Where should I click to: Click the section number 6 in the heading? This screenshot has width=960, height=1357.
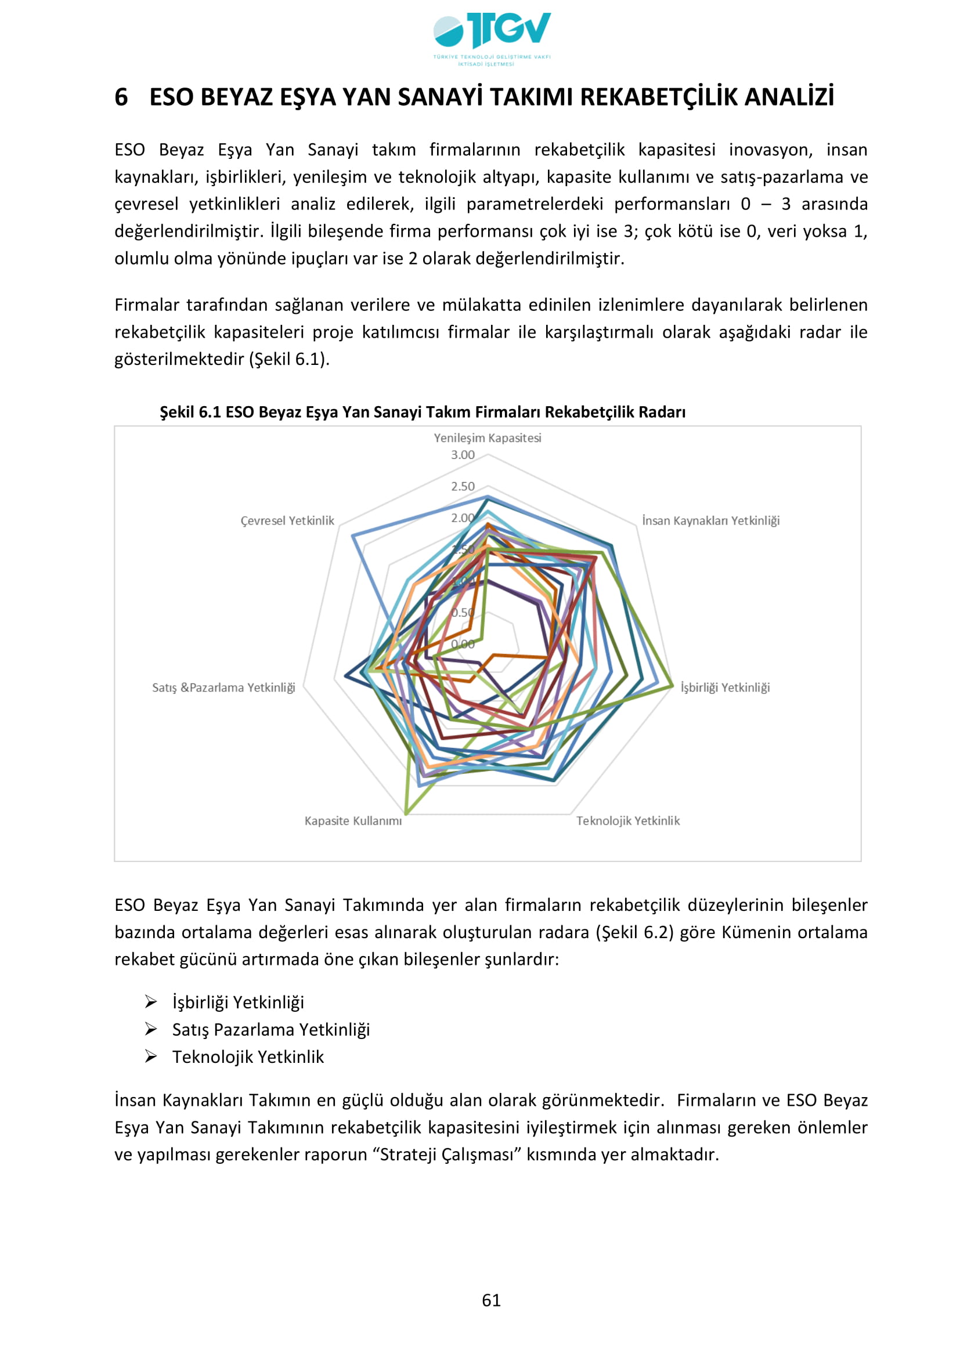coord(121,97)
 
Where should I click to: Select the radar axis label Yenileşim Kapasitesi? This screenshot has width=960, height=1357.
coord(487,438)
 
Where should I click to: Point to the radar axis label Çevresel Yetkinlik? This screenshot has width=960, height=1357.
coord(287,520)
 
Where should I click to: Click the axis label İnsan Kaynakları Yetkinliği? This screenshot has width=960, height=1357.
coord(710,520)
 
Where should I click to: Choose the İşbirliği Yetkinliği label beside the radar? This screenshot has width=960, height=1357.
coord(725,687)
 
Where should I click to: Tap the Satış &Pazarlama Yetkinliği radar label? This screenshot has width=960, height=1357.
coord(223,687)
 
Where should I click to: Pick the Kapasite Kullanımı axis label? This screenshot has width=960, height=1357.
coord(353,821)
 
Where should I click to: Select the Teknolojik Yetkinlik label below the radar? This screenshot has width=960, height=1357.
coord(628,821)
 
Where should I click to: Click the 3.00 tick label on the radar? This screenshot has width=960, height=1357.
coord(462,455)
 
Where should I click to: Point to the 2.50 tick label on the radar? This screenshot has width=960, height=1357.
coord(462,486)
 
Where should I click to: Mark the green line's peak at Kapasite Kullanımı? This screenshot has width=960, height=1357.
coord(406,813)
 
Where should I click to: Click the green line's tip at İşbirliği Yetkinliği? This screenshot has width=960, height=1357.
coord(672,686)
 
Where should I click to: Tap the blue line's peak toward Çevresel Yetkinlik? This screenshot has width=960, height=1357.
coord(353,535)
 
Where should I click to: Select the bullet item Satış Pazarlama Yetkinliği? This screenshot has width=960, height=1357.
coord(270,1030)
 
